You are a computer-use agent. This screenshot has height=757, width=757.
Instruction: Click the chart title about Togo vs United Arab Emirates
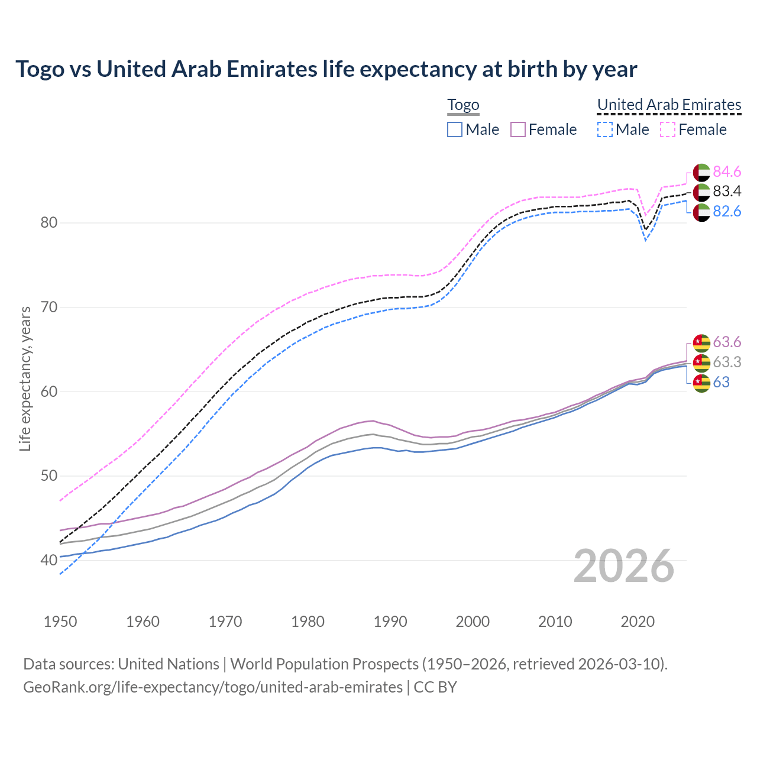click(326, 69)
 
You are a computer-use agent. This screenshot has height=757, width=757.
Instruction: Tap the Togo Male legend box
click(454, 130)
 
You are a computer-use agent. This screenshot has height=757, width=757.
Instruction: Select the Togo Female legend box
click(518, 130)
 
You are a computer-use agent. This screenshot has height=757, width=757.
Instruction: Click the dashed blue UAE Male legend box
click(604, 130)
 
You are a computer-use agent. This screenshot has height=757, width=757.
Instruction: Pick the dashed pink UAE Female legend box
click(668, 130)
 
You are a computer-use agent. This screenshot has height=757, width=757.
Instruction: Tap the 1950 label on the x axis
click(60, 622)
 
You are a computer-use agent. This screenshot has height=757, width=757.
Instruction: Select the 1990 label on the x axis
click(390, 622)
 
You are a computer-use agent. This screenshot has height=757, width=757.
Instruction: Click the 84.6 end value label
click(727, 172)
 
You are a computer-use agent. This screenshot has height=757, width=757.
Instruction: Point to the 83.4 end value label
click(727, 192)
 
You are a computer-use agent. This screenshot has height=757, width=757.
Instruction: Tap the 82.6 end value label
click(727, 212)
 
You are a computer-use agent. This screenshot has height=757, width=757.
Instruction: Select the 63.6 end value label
click(727, 342)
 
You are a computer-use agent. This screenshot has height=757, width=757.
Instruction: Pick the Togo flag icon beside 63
click(701, 383)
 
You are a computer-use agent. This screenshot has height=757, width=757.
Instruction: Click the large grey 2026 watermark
click(623, 566)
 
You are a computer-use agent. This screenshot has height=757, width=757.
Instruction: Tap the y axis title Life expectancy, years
click(25, 378)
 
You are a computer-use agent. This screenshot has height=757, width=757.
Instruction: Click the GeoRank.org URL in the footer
click(213, 687)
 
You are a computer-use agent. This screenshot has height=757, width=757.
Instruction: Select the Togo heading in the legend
click(463, 105)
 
